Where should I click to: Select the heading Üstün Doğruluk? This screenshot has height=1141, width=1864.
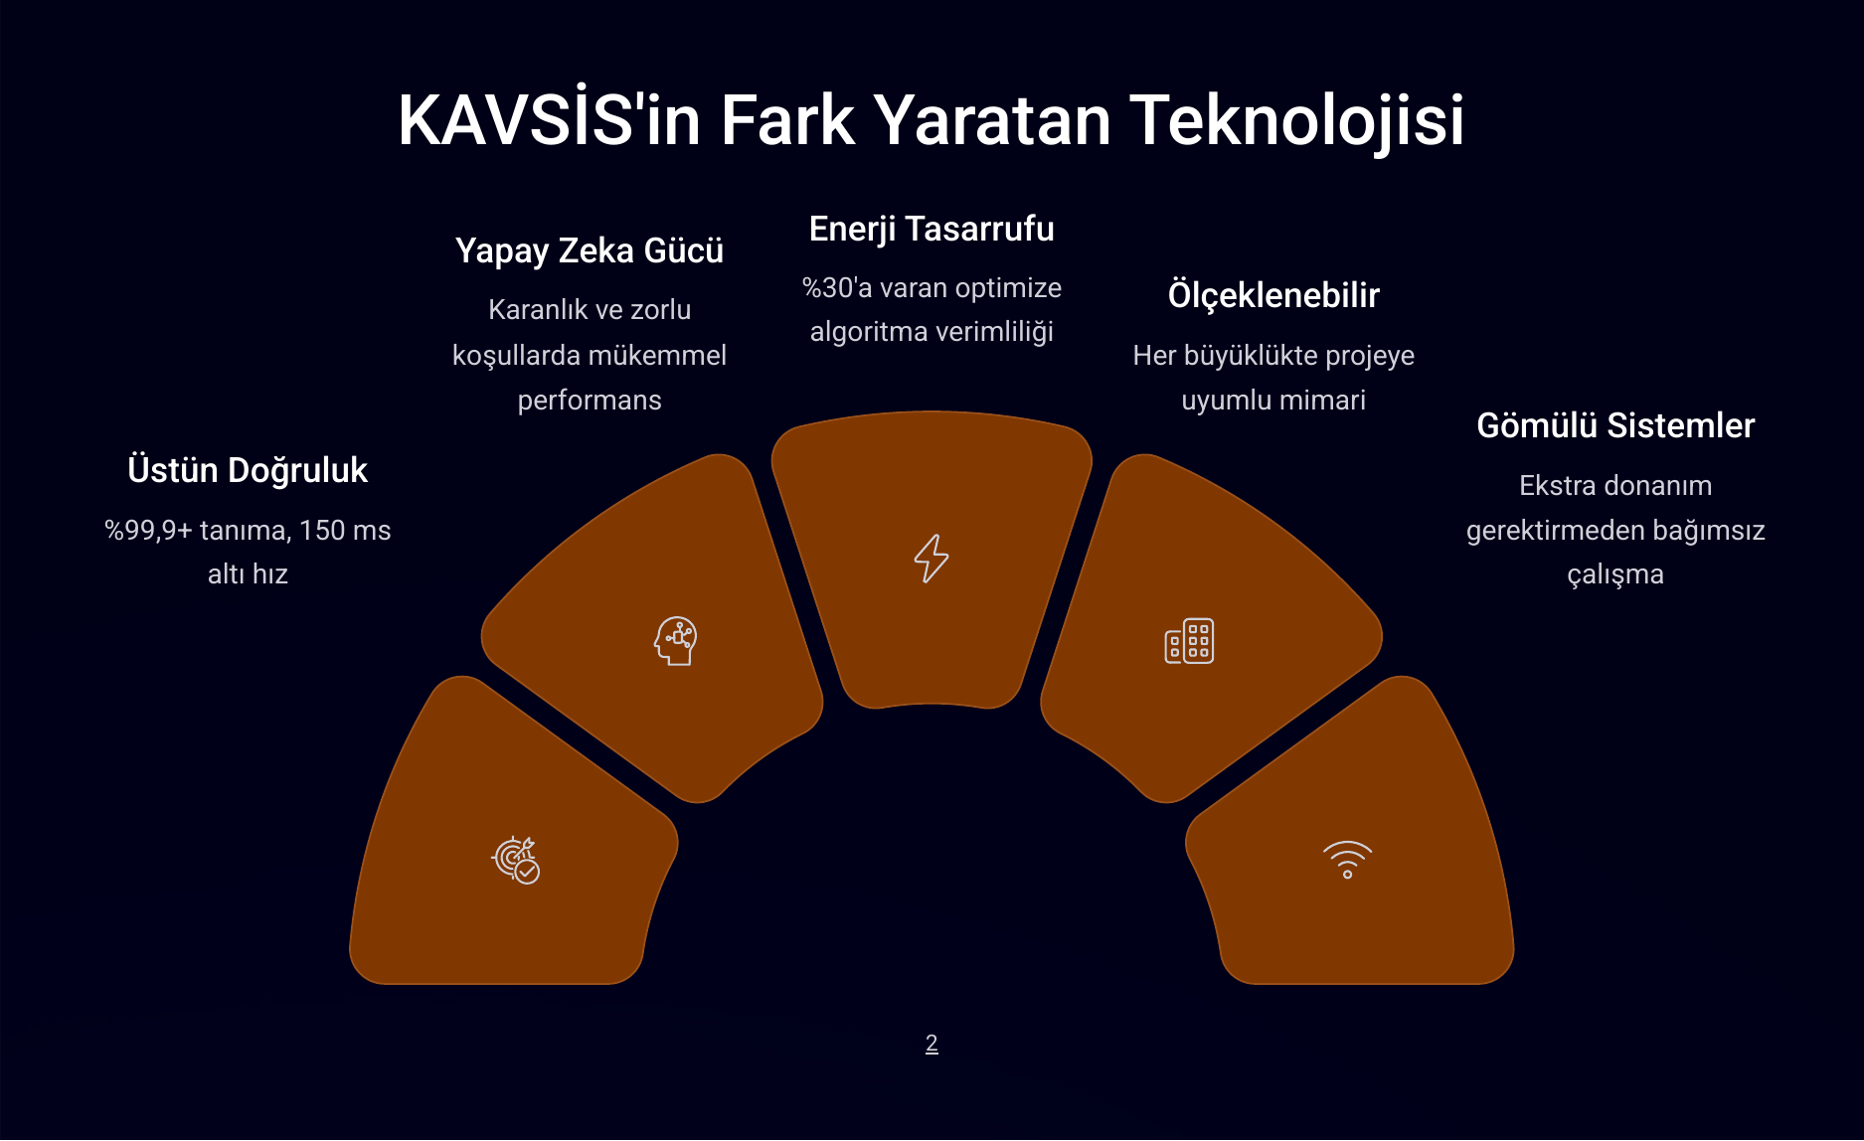tap(248, 470)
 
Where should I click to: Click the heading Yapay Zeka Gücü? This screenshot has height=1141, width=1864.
tap(590, 250)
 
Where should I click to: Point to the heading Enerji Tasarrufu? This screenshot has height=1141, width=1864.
tap(932, 229)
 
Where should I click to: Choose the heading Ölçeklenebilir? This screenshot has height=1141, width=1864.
tap(1273, 295)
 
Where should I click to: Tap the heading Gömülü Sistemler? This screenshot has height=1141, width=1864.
tap(1615, 425)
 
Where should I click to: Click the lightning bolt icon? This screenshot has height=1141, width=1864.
tap(932, 559)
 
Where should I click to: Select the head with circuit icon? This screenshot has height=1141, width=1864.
tap(676, 641)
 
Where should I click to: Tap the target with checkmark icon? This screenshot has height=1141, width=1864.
tap(516, 860)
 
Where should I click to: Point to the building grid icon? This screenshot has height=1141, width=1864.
tap(1189, 642)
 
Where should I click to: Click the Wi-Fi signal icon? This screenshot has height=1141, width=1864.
tap(1347, 860)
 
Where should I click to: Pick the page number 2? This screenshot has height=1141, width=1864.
tap(932, 1044)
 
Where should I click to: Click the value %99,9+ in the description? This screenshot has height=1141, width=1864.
tap(148, 531)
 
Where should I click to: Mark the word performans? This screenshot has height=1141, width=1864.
tap(590, 401)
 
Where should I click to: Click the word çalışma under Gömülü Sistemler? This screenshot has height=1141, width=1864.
tap(1615, 574)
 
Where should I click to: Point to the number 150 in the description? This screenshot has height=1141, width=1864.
tap(322, 531)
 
